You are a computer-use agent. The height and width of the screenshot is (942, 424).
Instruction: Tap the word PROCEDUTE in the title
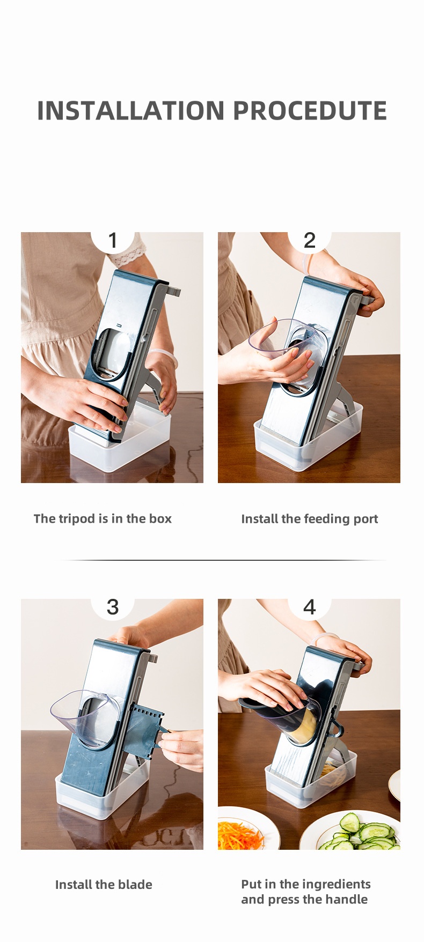pos(310,110)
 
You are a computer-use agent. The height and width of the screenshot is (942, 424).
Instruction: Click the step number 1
pos(113,240)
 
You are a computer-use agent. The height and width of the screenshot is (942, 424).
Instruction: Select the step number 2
pos(310,240)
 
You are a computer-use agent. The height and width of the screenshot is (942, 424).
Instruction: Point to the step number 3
pos(113,607)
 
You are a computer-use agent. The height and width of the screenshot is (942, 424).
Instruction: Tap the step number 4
pos(310,607)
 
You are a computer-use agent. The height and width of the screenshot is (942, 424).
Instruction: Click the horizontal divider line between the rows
pos(223,560)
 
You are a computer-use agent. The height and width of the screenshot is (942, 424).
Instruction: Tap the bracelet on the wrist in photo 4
pos(323,638)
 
